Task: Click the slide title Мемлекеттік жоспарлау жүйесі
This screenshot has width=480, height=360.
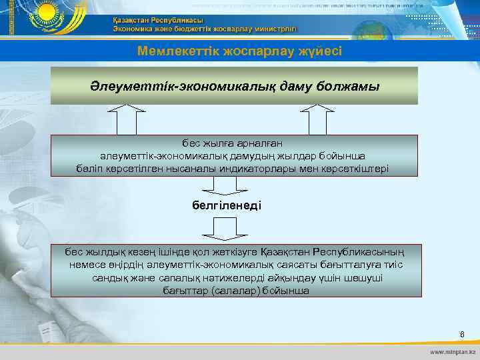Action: point(239,51)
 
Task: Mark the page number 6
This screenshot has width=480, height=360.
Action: point(461,333)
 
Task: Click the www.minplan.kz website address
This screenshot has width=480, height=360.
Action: point(453,351)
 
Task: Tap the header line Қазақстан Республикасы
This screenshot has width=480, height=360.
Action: point(158,20)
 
